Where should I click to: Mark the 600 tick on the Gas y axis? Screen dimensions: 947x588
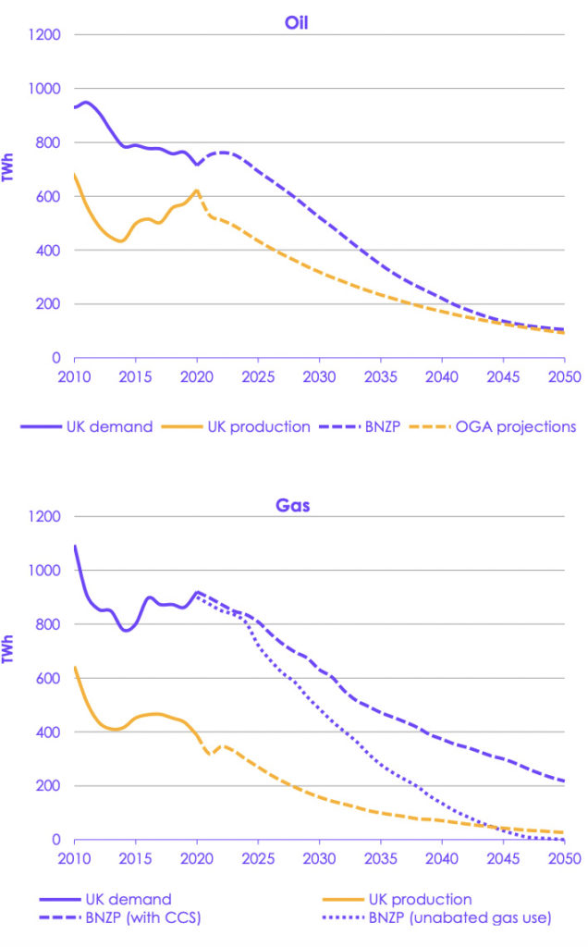coord(47,679)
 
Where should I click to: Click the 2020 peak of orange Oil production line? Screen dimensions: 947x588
coord(196,191)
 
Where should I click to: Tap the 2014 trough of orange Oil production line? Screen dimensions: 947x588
coord(121,241)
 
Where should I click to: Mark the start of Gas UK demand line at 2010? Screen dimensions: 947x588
coord(75,547)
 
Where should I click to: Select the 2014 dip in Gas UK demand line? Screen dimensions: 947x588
coord(126,631)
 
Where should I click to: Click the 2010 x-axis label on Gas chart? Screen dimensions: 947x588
coord(75,858)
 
